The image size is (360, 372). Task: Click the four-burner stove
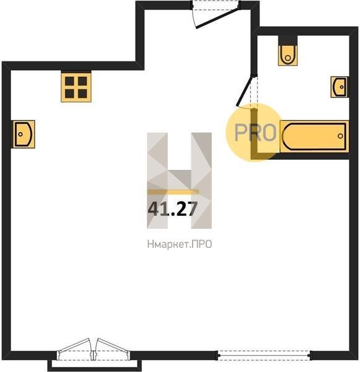tap(76, 87)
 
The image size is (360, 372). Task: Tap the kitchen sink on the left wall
tap(24, 135)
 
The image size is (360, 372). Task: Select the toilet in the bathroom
tap(288, 51)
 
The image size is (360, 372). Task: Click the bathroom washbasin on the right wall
tap(340, 87)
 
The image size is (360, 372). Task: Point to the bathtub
tap(314, 136)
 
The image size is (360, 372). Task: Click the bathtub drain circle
tap(340, 136)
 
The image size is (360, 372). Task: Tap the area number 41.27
tap(173, 209)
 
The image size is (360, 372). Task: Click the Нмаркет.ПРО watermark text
tap(180, 244)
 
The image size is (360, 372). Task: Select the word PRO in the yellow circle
tap(255, 133)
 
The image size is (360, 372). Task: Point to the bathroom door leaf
tap(245, 91)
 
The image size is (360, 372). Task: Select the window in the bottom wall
tap(264, 355)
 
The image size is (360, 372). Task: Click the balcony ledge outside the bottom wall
tap(95, 365)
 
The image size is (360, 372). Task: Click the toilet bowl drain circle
tap(288, 58)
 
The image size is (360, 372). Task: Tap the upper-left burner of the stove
tap(70, 81)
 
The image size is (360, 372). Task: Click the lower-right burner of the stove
tap(82, 94)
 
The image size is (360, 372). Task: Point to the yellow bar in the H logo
tap(173, 192)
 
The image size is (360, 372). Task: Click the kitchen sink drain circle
tap(20, 135)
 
